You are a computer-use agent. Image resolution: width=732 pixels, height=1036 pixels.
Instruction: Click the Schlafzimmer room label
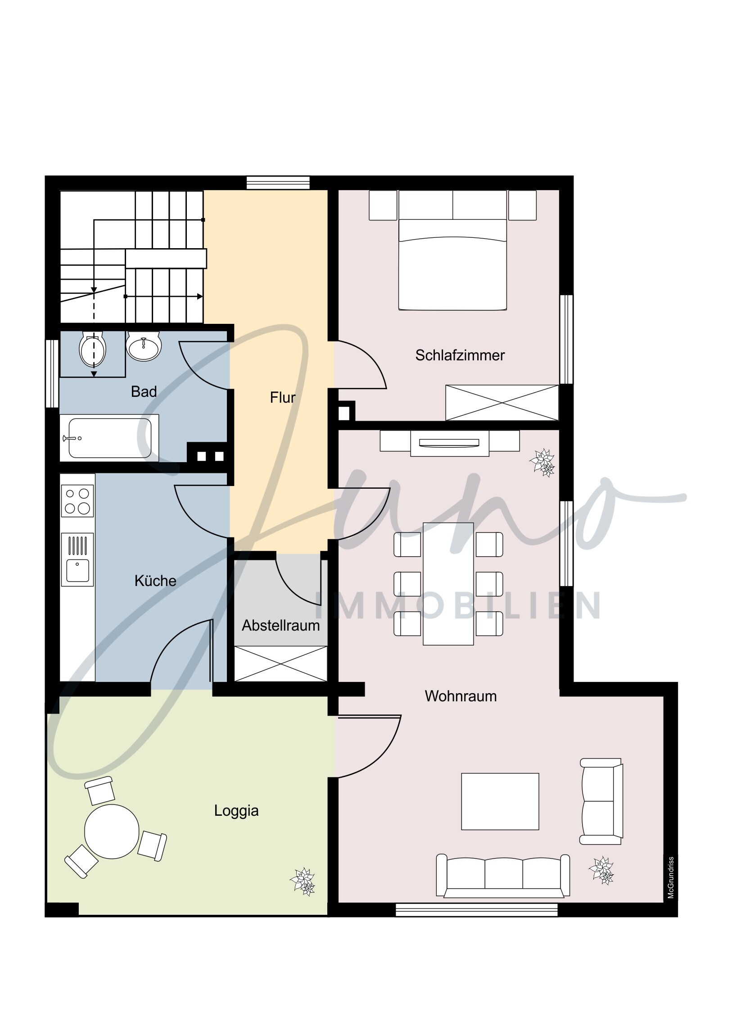460,355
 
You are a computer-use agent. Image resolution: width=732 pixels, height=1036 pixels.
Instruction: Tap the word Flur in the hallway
283,398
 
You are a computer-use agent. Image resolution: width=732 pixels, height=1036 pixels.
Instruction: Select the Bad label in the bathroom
144,392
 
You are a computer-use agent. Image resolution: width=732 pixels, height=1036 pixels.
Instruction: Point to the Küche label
155,581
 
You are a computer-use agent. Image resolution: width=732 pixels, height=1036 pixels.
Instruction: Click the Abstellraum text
280,625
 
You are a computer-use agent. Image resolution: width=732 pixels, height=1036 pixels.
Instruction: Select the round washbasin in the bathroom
144,346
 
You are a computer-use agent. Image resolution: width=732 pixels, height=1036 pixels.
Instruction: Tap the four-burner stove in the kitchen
77,501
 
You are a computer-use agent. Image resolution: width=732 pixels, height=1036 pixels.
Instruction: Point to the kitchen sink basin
77,570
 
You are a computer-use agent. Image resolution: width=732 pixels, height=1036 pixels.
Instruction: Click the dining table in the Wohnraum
448,584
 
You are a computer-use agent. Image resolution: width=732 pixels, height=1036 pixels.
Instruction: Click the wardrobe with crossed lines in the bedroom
502,403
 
